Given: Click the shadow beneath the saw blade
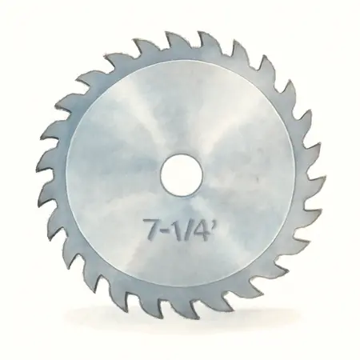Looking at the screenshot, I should coord(180,334).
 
